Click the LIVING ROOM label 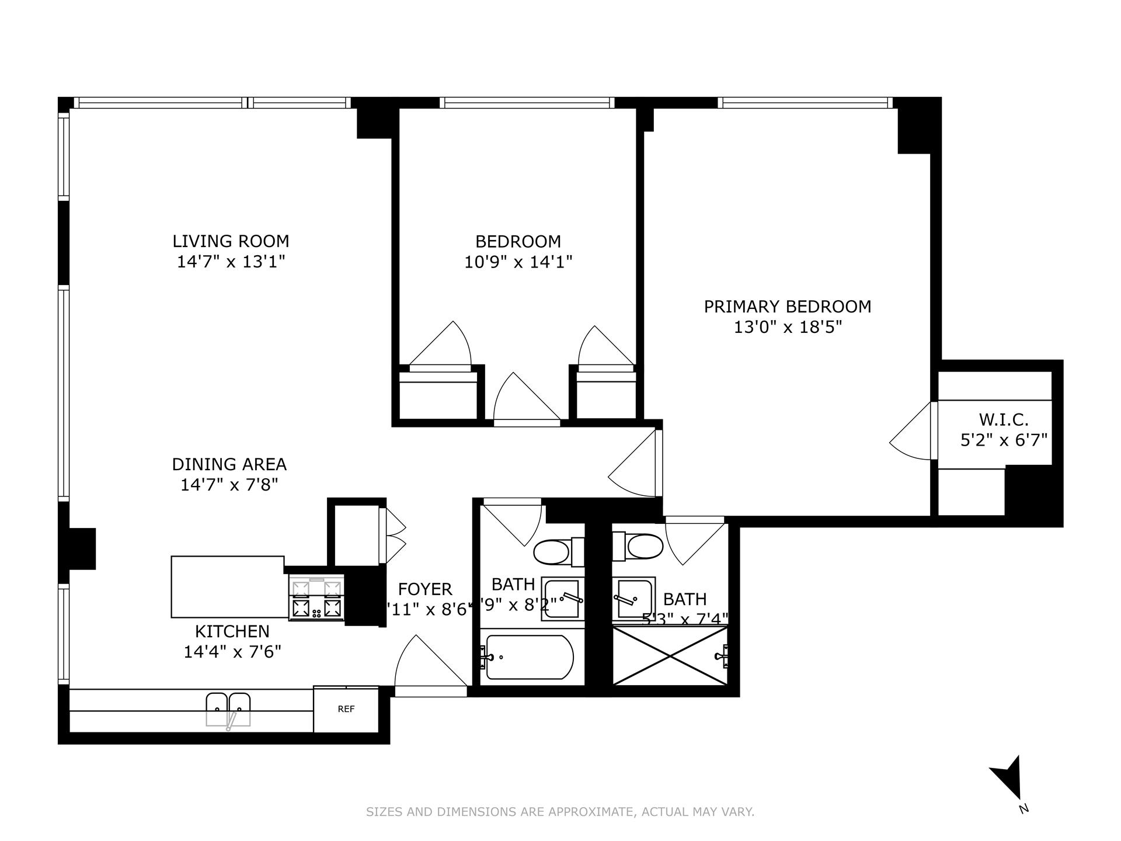[x=231, y=241]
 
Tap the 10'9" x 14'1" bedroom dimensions [x=518, y=262]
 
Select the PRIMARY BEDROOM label [x=787, y=307]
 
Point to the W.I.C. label [x=1003, y=419]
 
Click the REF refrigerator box [x=346, y=710]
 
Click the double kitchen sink [x=228, y=708]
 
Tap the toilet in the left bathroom [x=552, y=552]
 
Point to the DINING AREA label [x=229, y=464]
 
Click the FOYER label [x=425, y=589]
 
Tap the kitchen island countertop [x=228, y=586]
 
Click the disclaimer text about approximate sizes [x=560, y=812]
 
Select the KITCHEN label [x=232, y=631]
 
